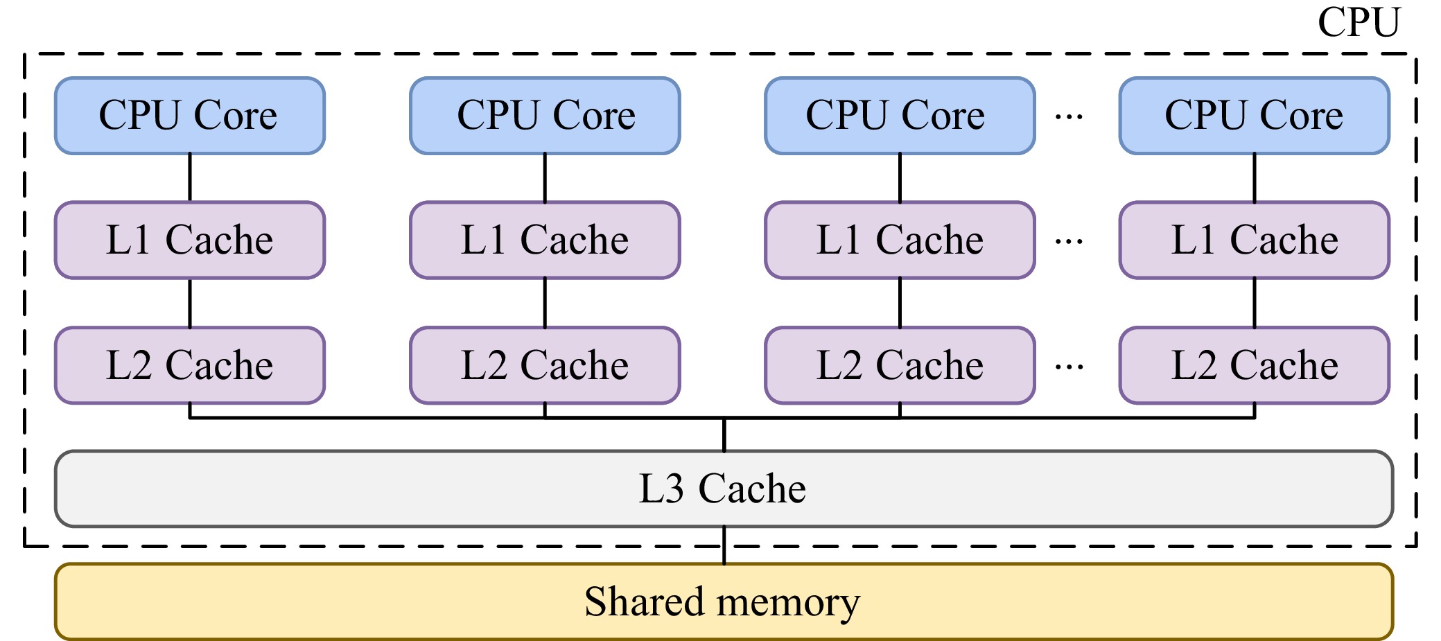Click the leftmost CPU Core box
click(189, 116)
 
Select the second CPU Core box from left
click(545, 116)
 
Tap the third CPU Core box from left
click(900, 116)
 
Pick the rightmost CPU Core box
click(1254, 116)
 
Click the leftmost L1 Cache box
click(189, 240)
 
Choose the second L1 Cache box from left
click(545, 240)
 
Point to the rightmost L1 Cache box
click(1254, 240)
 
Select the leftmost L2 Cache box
click(189, 365)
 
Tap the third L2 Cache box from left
click(900, 365)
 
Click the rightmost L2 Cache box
click(1254, 365)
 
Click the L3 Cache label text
click(722, 489)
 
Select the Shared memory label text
click(722, 602)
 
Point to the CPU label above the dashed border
click(1359, 23)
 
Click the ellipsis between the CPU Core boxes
click(1069, 117)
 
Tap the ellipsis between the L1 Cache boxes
click(1069, 242)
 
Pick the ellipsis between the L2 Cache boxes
click(1069, 367)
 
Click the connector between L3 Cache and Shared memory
click(724, 545)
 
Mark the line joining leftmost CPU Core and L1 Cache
click(190, 177)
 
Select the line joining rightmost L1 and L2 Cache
click(1255, 303)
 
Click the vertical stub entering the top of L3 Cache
click(724, 435)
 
